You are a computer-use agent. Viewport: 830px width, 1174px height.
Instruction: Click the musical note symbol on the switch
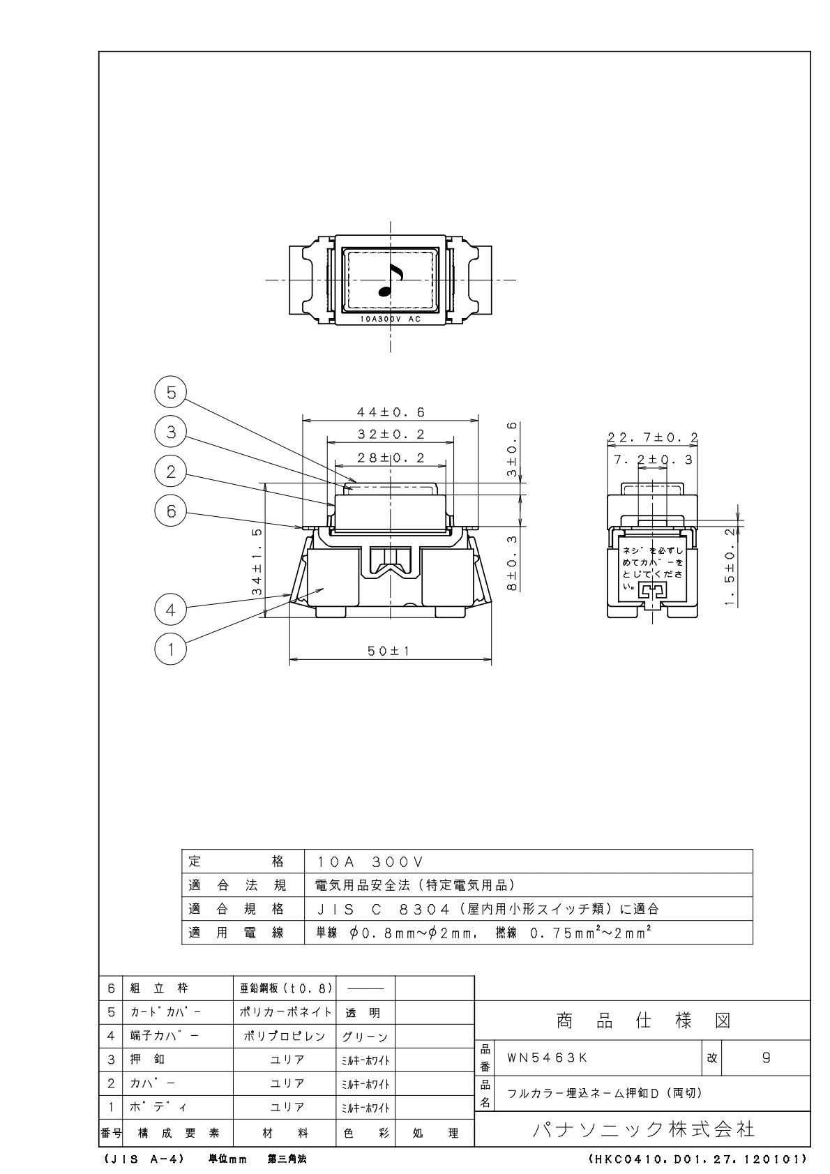click(x=391, y=280)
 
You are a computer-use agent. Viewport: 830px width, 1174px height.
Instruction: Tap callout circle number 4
click(x=171, y=610)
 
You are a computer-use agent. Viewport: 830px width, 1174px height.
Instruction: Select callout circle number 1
click(x=171, y=649)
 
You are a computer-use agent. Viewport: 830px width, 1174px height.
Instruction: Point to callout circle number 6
click(x=171, y=511)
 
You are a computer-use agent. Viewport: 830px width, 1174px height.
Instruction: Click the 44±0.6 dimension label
click(x=391, y=412)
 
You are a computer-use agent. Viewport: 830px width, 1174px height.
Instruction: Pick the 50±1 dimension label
click(x=388, y=651)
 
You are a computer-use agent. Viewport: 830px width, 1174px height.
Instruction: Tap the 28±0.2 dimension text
click(x=391, y=458)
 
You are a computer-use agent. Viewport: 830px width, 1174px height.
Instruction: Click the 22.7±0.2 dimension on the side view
click(x=652, y=437)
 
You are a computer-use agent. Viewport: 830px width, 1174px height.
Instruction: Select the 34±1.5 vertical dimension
click(x=257, y=562)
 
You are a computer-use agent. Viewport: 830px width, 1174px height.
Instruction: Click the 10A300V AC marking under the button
click(x=391, y=319)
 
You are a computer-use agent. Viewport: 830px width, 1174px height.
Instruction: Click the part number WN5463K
click(x=547, y=1058)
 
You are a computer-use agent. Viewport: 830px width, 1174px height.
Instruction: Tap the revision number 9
click(x=766, y=1058)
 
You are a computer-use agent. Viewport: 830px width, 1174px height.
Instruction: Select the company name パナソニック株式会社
click(x=644, y=1129)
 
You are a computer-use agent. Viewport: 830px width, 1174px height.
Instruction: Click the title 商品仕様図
click(x=644, y=1021)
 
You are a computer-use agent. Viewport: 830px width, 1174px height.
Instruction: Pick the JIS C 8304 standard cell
click(x=488, y=909)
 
